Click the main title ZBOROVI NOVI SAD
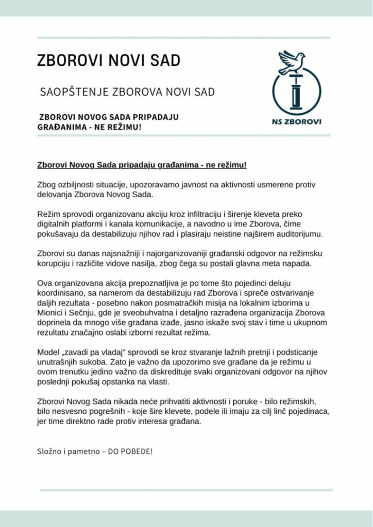tap(109, 60)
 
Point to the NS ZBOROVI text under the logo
tap(296, 122)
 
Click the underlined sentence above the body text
tap(142, 165)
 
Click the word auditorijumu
tap(297, 234)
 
